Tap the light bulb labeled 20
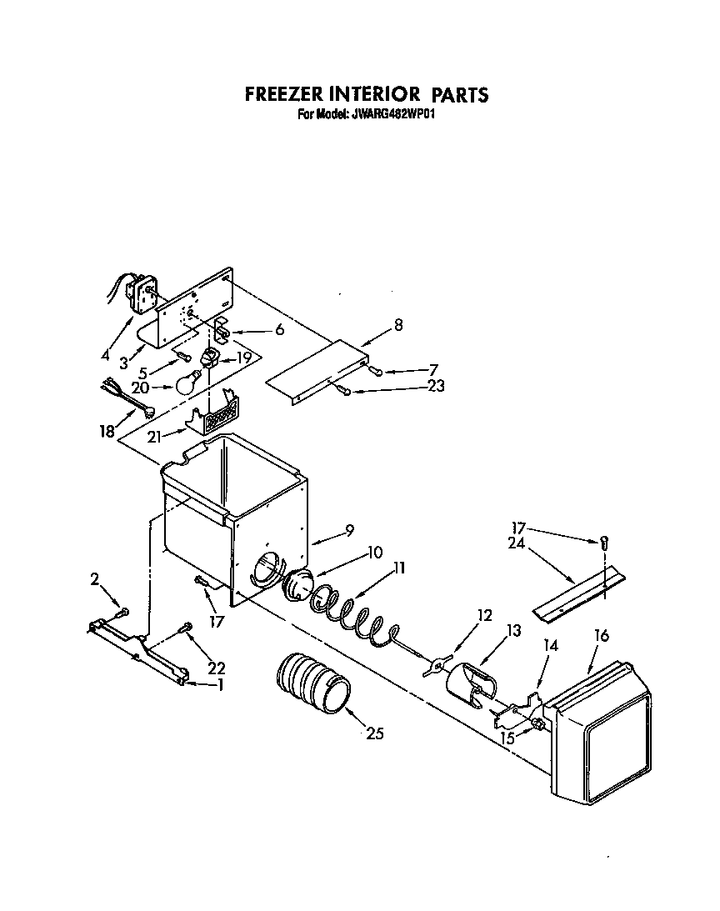point(189,383)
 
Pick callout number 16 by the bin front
point(601,636)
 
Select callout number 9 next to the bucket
point(349,528)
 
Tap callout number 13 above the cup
point(513,631)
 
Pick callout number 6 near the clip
point(278,329)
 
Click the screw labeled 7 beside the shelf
point(377,372)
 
